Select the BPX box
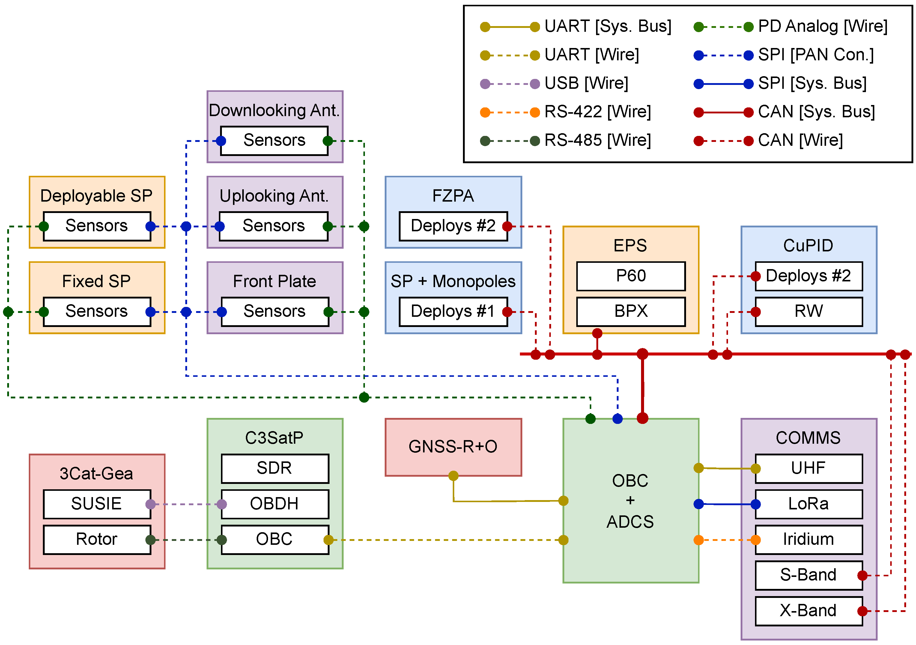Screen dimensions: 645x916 631,311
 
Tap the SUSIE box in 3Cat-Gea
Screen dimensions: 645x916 97,504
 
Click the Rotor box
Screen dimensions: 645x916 97,539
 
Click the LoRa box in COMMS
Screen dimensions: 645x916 808,504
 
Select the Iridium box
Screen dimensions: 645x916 808,539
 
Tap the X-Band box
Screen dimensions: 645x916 808,611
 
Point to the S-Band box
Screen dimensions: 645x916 808,575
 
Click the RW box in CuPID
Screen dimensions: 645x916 808,311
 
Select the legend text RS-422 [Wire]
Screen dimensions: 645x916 598,112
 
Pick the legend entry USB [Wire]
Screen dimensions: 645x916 586,83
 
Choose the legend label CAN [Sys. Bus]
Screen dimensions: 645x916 816,112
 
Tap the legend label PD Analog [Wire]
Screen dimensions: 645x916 823,26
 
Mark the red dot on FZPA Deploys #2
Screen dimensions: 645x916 507,226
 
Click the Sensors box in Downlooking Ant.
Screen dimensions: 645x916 274,140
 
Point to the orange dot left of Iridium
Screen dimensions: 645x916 755,540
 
